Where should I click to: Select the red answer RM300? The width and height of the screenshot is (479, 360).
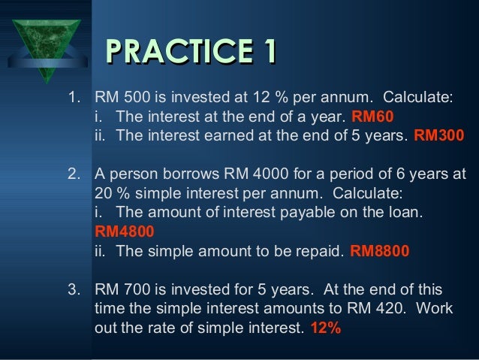[x=439, y=136]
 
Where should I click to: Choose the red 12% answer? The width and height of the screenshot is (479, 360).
[x=325, y=328]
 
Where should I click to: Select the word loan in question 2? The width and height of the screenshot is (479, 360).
[x=408, y=213]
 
